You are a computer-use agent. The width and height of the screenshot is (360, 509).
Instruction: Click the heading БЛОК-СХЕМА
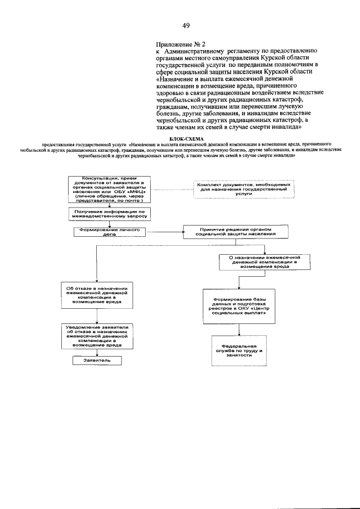[x=184, y=137]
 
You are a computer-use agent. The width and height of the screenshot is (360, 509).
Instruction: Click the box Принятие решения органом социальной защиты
[x=236, y=232]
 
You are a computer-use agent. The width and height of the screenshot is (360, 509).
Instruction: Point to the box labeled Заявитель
[x=98, y=360]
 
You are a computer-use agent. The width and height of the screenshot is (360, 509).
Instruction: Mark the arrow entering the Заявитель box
[x=98, y=353]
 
